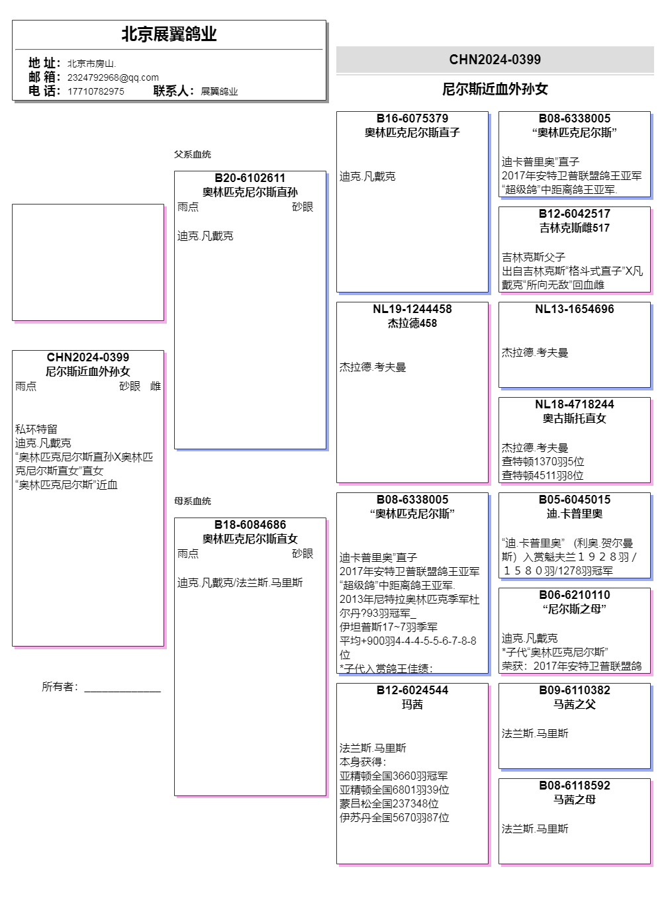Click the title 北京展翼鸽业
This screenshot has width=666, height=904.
(x=169, y=34)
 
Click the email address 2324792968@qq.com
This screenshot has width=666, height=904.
(x=113, y=77)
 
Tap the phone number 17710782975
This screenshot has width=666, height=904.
(x=95, y=91)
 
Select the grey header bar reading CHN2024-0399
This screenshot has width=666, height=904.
(x=495, y=60)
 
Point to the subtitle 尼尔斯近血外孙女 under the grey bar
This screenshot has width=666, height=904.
(x=495, y=89)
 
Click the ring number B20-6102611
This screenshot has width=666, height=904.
(x=250, y=178)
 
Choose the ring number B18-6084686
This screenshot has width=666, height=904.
(x=250, y=525)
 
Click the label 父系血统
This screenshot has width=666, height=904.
(x=192, y=154)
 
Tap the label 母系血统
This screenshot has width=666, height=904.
(x=192, y=501)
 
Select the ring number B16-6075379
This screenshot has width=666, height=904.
(x=412, y=118)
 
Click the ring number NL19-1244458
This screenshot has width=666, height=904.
(x=412, y=309)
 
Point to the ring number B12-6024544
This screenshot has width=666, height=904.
(x=412, y=690)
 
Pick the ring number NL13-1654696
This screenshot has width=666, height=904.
(x=574, y=309)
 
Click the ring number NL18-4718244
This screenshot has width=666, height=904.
(x=574, y=404)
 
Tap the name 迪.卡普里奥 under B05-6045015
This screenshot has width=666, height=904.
(x=574, y=514)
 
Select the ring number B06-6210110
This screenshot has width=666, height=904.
(x=574, y=595)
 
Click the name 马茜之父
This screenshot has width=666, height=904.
(x=574, y=704)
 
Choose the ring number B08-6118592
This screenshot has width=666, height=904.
(x=574, y=786)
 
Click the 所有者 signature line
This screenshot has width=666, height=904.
(x=122, y=688)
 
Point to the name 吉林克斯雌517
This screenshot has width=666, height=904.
(x=574, y=228)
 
